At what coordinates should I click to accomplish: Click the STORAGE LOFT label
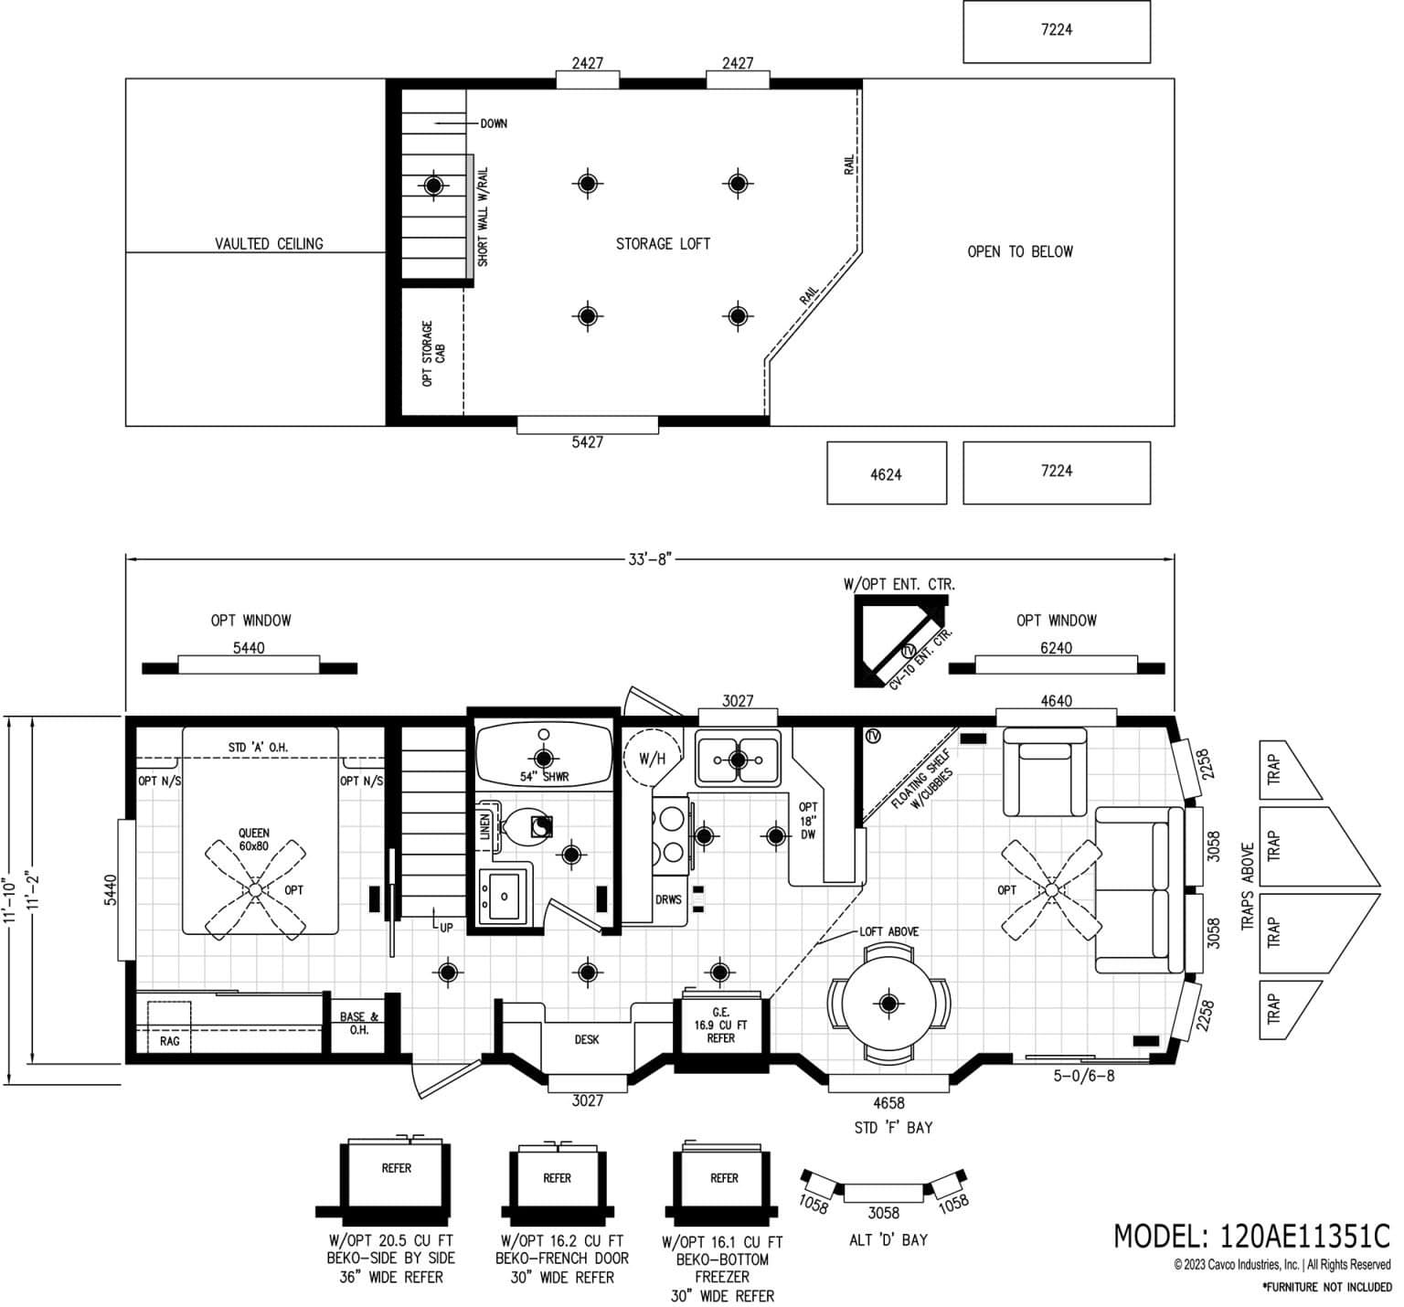663,244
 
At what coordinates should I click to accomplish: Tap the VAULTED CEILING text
269,244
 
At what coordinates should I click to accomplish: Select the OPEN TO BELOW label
1020,251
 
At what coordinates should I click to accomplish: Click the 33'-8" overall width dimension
649,559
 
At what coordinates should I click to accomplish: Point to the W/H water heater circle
652,759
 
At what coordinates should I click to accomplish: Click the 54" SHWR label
544,777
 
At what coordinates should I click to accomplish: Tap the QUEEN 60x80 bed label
254,839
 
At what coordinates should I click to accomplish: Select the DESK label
587,1039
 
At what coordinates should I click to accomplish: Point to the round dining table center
888,1004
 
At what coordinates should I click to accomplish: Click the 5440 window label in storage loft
587,442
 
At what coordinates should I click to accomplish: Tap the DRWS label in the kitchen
668,899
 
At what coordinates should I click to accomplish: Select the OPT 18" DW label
808,821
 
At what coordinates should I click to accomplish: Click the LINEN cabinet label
484,828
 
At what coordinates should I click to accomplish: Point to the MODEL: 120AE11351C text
1250,1236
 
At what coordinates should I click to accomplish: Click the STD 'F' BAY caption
893,1128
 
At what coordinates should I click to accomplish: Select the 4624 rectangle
886,473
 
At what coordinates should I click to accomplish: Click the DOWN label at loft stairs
494,123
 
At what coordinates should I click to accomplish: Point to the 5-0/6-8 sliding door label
1084,1076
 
